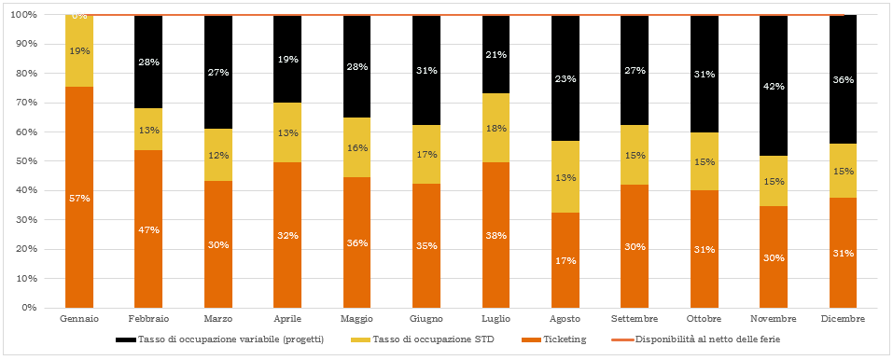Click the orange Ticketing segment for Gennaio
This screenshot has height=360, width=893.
click(x=79, y=197)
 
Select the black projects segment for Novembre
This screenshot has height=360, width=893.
click(x=774, y=86)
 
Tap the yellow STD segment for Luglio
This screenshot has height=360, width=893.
click(x=496, y=128)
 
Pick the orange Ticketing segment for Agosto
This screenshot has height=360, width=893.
click(x=565, y=260)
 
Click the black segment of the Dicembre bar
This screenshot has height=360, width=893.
click(x=843, y=79)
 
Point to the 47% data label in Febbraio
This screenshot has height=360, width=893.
click(x=148, y=230)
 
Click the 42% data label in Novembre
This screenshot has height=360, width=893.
click(x=774, y=87)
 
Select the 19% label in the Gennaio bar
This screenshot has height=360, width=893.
click(x=79, y=50)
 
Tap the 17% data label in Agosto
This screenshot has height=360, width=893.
click(x=565, y=261)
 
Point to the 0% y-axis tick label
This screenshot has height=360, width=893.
click(x=30, y=308)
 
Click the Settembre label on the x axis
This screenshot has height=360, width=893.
click(x=635, y=318)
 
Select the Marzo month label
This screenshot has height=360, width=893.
click(x=218, y=318)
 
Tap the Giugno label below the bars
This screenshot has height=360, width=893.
click(x=426, y=318)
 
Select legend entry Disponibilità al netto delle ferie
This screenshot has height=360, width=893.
click(x=699, y=339)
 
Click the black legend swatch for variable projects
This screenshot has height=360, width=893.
click(x=125, y=340)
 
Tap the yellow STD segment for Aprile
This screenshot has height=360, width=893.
click(x=287, y=132)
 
